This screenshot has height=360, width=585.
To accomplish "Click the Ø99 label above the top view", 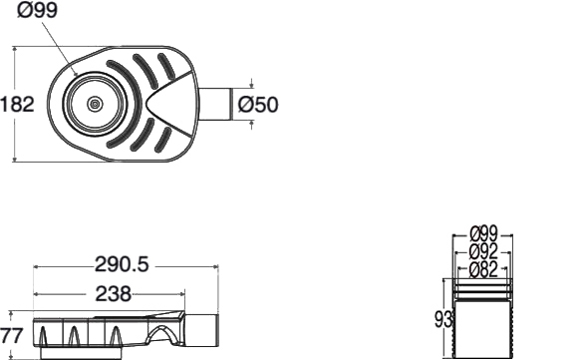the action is point(37,10).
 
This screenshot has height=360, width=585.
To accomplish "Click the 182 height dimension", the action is point(17,104).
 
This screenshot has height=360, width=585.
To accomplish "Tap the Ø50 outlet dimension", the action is point(258,104).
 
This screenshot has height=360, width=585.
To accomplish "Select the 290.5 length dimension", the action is point(122,264).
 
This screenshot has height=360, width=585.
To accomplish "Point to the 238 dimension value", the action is point(114,293).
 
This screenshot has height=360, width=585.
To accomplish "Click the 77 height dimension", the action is point(12,335).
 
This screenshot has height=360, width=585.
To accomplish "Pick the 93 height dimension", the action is point(443,320).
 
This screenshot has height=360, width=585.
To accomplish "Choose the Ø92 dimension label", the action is point(483,251).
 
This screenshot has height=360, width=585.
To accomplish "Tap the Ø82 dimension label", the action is point(483,269).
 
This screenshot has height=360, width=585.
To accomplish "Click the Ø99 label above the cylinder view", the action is point(483,233).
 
